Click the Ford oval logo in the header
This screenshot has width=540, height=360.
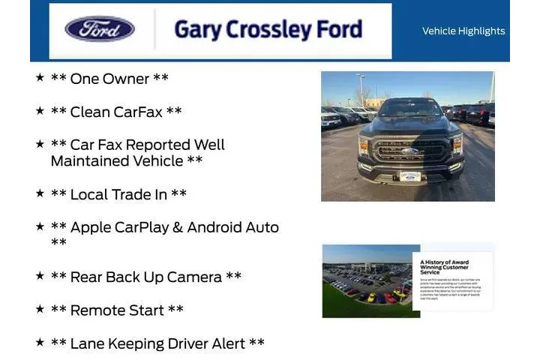tap(100, 29)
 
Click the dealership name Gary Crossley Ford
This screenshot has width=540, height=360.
tap(268, 30)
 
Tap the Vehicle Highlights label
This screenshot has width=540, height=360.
tap(463, 31)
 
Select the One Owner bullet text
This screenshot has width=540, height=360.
tap(109, 79)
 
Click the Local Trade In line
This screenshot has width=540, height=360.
tap(118, 194)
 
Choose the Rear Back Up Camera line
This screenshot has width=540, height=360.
tap(146, 277)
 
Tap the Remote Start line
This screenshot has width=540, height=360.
tap(117, 310)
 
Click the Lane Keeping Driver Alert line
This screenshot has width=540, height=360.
tap(157, 343)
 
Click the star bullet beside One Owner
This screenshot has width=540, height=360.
tap(40, 77)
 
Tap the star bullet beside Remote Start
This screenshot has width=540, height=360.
tap(40, 308)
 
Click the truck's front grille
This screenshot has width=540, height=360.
tap(409, 148)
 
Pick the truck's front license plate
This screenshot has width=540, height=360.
tap(409, 176)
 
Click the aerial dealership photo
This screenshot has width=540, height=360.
tap(367, 280)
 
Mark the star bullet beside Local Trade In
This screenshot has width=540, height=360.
tap(40, 193)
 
